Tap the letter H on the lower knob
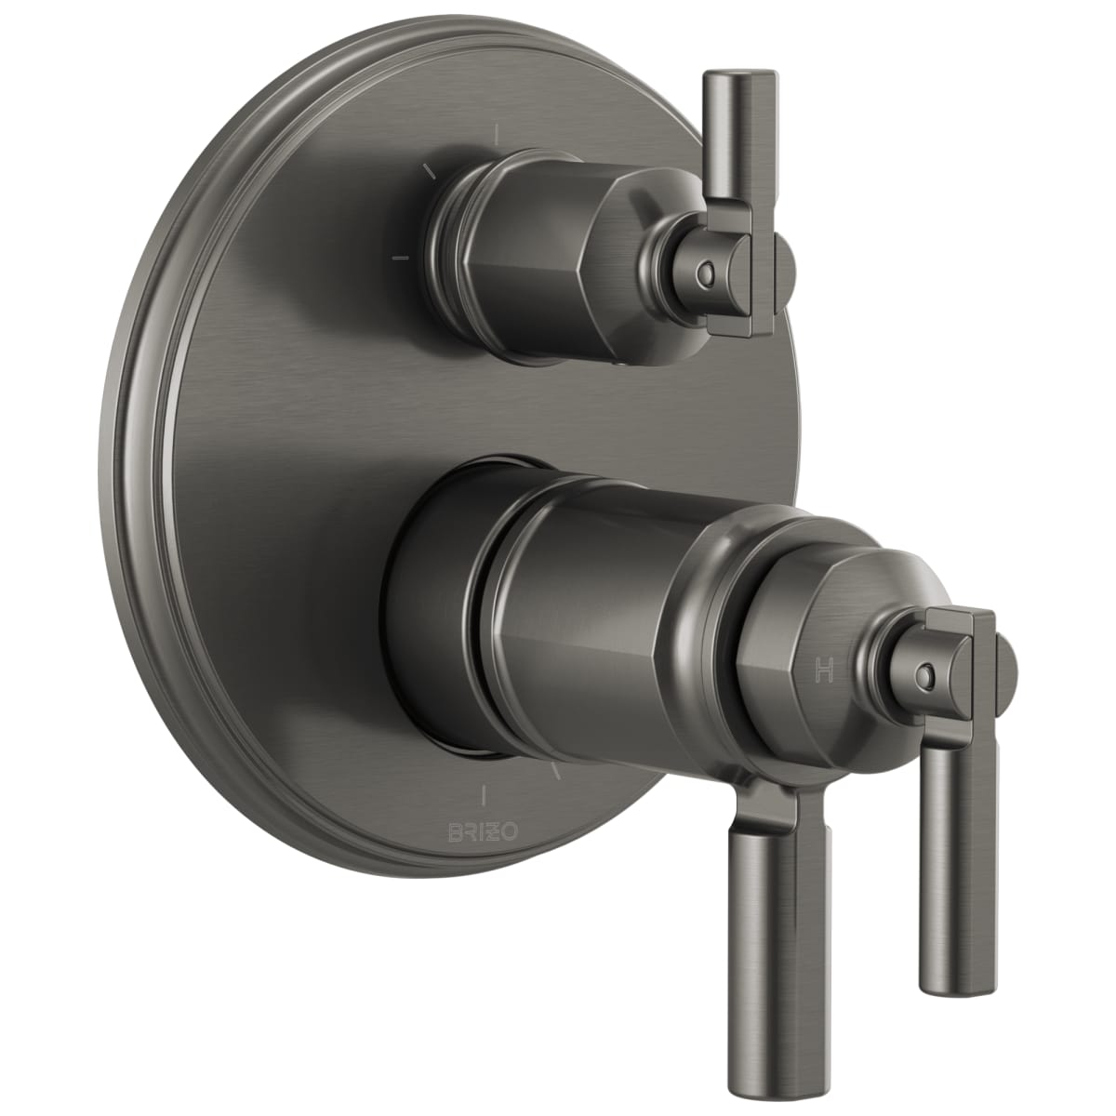[x=824, y=670]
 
